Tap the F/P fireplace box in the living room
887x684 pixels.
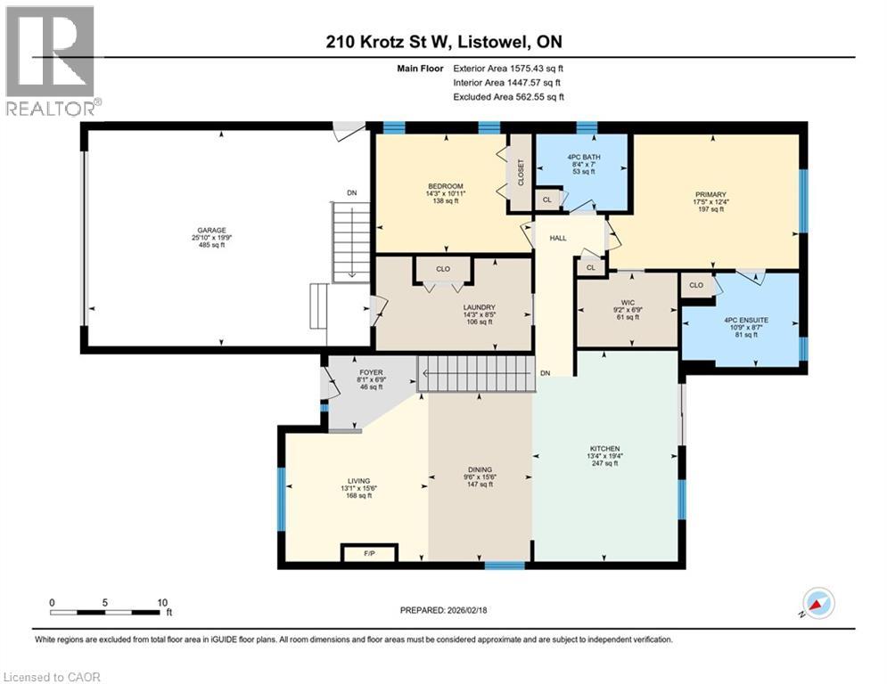pos(369,554)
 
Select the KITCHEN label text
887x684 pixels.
pos(604,449)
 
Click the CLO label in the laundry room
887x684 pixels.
pos(443,268)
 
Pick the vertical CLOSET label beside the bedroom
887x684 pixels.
pos(521,172)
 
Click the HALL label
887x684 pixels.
pos(558,238)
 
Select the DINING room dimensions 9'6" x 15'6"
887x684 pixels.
pos(480,477)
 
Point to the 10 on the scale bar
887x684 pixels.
pos(161,601)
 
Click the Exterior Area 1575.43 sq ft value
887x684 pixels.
pos(508,68)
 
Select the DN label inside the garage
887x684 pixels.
pos(352,191)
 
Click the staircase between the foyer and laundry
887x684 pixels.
pos(476,372)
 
